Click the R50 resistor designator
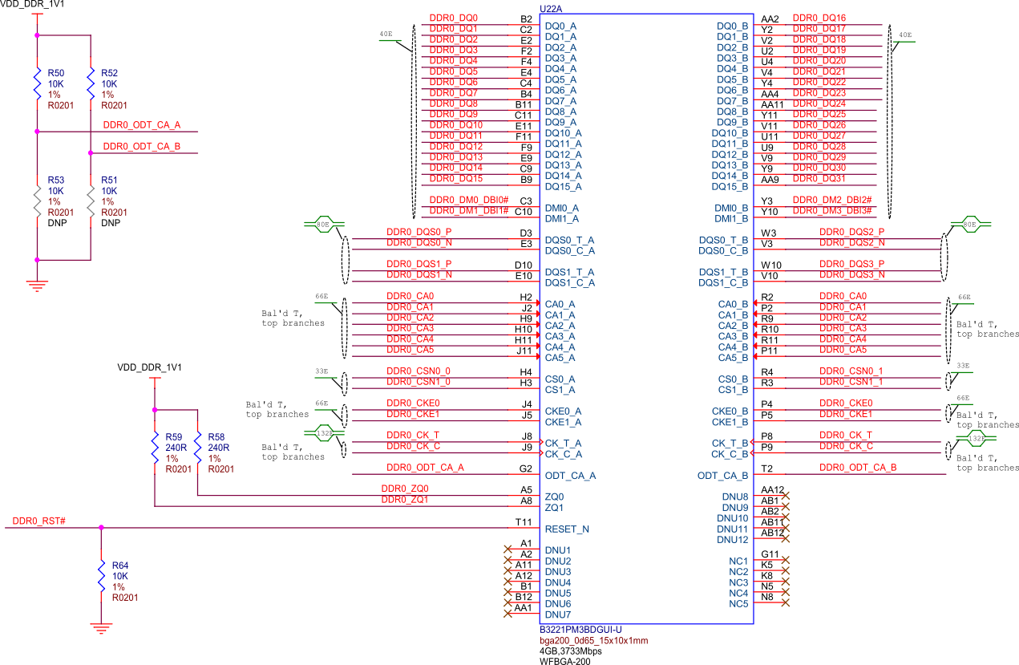tap(56, 73)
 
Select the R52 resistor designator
tap(109, 73)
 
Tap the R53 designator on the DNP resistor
tap(56, 180)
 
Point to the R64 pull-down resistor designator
tap(120, 565)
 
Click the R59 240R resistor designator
tap(174, 436)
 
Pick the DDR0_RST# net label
tap(39, 521)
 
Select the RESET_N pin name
tap(567, 529)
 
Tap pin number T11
tap(524, 522)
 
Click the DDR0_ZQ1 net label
tap(405, 500)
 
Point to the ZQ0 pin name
tap(554, 497)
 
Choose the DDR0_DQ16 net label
tap(819, 18)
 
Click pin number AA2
tap(770, 18)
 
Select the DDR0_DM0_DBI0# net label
tap(469, 200)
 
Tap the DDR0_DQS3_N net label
tap(851, 275)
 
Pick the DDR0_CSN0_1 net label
tap(851, 371)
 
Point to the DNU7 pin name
tap(558, 614)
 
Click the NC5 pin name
tap(738, 603)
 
